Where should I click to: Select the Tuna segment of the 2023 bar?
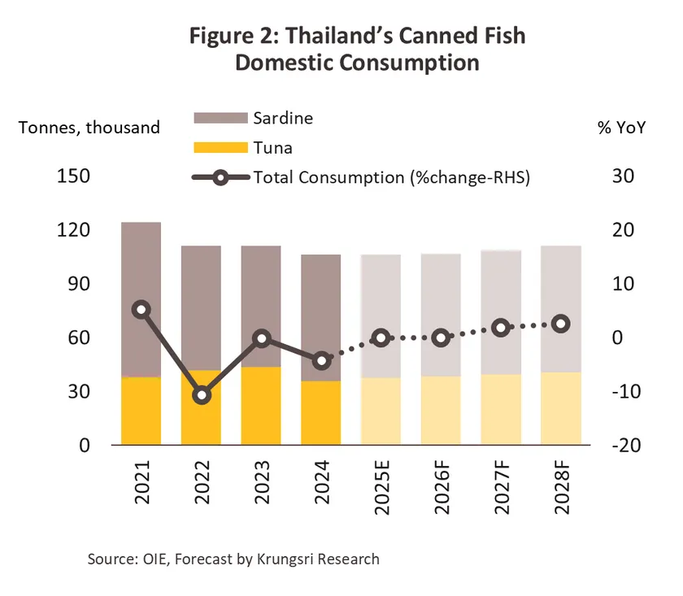[261, 406]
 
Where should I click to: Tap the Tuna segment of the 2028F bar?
[561, 408]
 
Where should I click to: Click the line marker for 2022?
[202, 395]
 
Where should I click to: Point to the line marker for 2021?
[141, 309]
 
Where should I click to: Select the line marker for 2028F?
[561, 324]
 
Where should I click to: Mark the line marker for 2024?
[321, 360]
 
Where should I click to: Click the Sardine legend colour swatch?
[220, 118]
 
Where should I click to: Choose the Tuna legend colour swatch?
[220, 148]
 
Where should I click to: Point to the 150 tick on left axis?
[72, 176]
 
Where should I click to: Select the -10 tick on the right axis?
[621, 392]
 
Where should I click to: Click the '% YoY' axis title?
[621, 127]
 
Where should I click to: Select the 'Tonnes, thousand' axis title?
[89, 127]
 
